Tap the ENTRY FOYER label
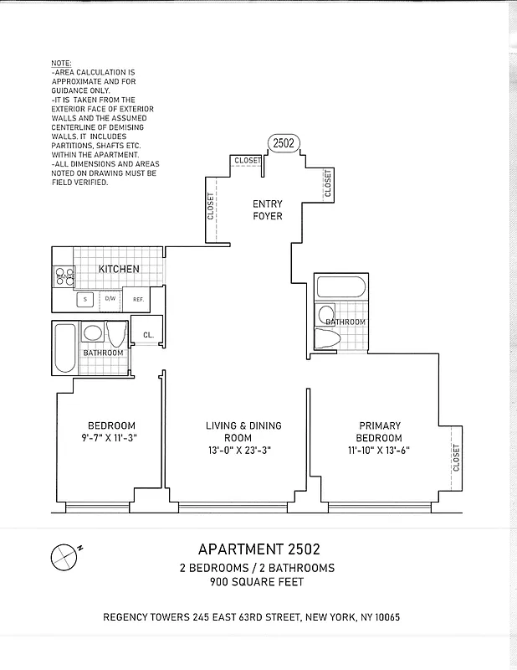tap(269, 210)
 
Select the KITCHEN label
tap(119, 269)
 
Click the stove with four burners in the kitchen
tap(64, 276)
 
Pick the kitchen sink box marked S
tap(85, 299)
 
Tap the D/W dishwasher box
tap(110, 299)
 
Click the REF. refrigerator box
tap(137, 299)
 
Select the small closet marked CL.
tap(147, 335)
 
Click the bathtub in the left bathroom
tap(64, 348)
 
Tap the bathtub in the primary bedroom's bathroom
tap(340, 289)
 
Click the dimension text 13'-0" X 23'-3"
tap(243, 451)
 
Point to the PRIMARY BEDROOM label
tap(381, 431)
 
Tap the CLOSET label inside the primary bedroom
tap(456, 457)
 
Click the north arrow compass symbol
tap(64, 555)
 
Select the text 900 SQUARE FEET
tap(258, 582)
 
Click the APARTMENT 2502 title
tap(258, 550)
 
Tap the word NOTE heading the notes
tap(61, 64)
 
